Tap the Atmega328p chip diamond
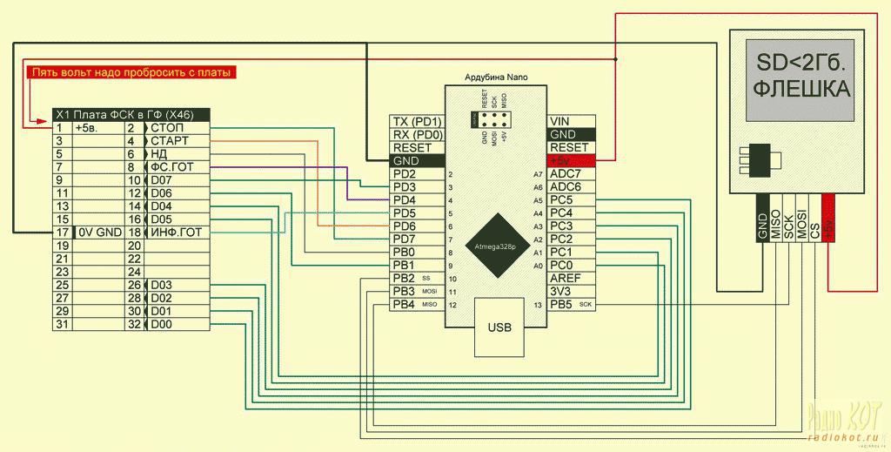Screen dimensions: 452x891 point(494,246)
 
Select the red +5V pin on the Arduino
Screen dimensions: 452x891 point(570,161)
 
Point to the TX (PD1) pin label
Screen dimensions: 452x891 point(417,121)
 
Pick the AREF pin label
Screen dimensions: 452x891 point(566,278)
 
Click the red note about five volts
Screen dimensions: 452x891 point(131,73)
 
